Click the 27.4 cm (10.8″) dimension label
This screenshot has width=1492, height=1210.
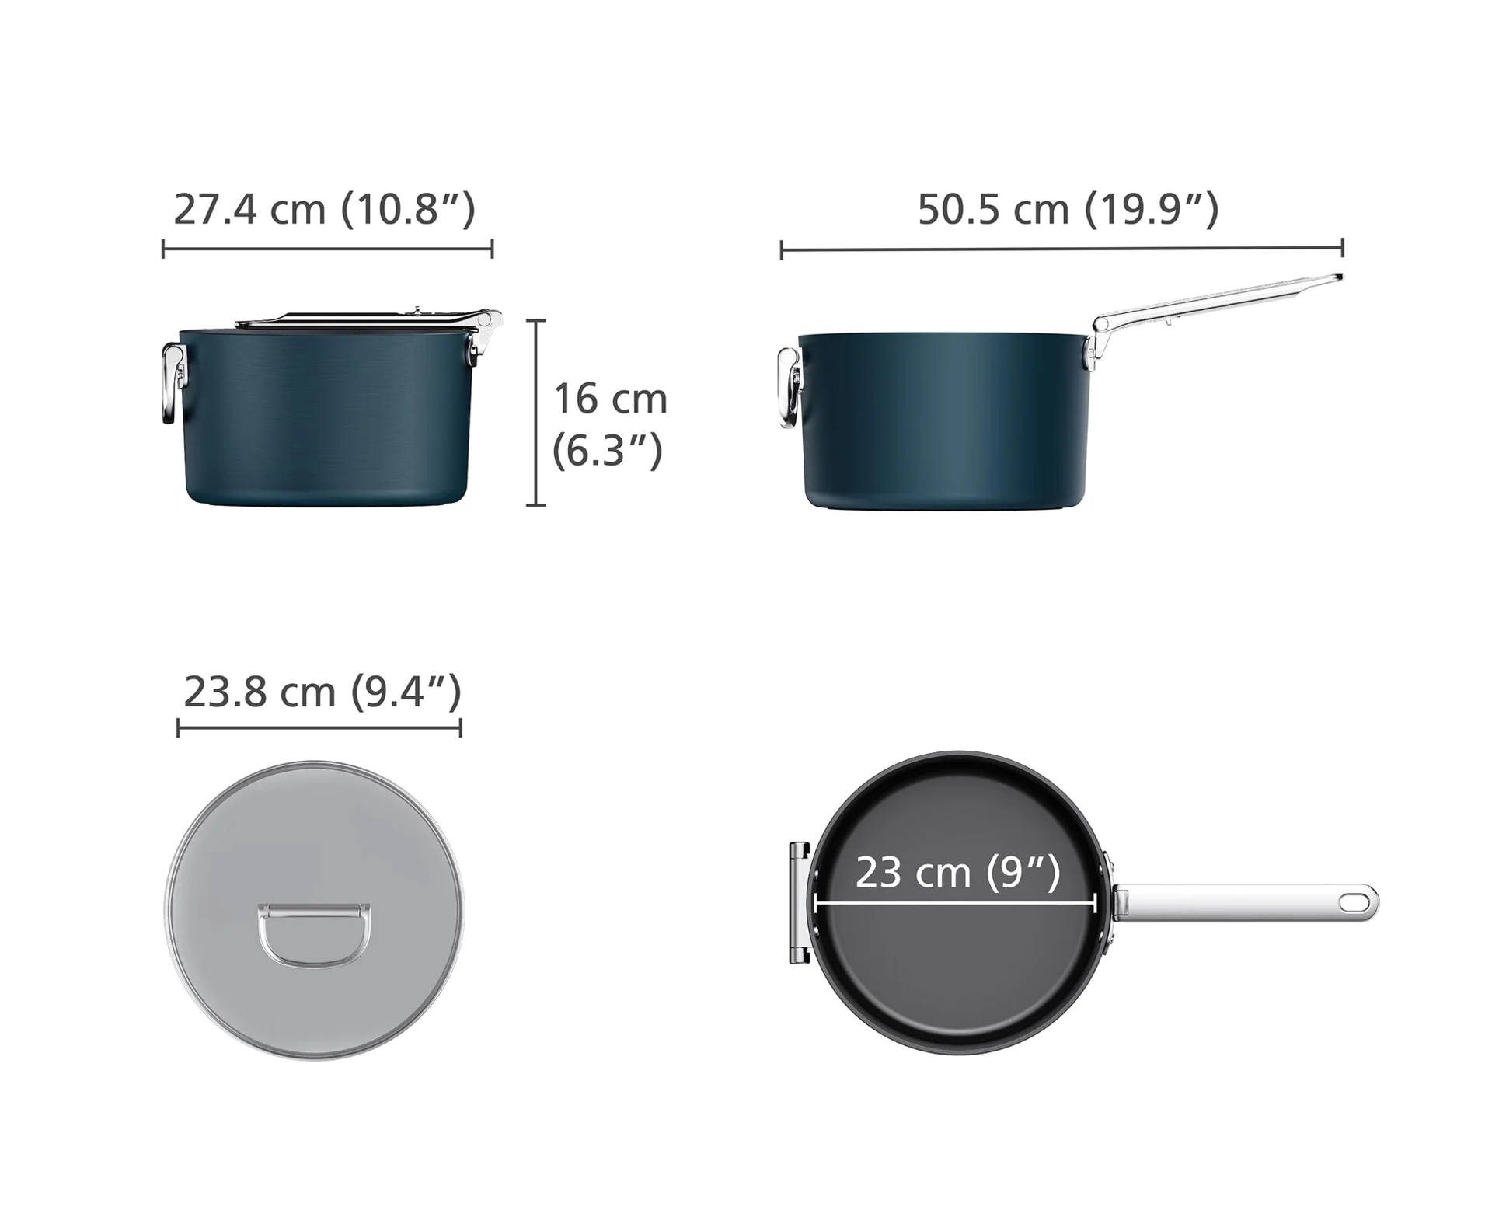click(324, 209)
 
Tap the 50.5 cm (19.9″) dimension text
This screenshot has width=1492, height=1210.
click(1068, 209)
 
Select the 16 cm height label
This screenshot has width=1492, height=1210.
click(610, 399)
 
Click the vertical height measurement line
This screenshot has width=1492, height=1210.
click(535, 412)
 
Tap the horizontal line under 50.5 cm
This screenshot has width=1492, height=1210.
click(1061, 249)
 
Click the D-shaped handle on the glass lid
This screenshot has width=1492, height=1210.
click(314, 935)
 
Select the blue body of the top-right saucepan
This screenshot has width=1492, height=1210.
click(943, 420)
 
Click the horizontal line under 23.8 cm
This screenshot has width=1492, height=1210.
click(319, 728)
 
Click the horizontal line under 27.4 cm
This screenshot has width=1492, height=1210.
click(327, 249)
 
